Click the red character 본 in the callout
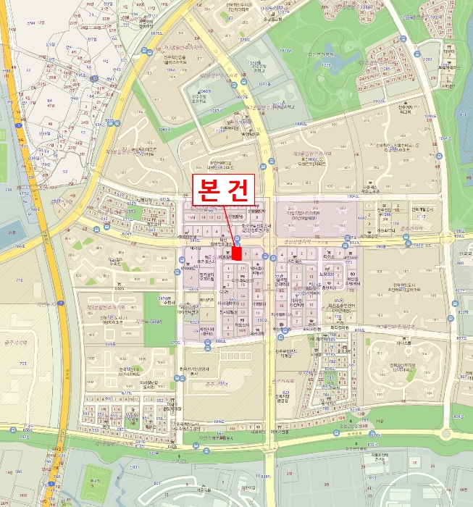coord(208,190)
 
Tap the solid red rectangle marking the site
coord(237,254)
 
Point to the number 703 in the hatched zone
coord(22,363)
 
